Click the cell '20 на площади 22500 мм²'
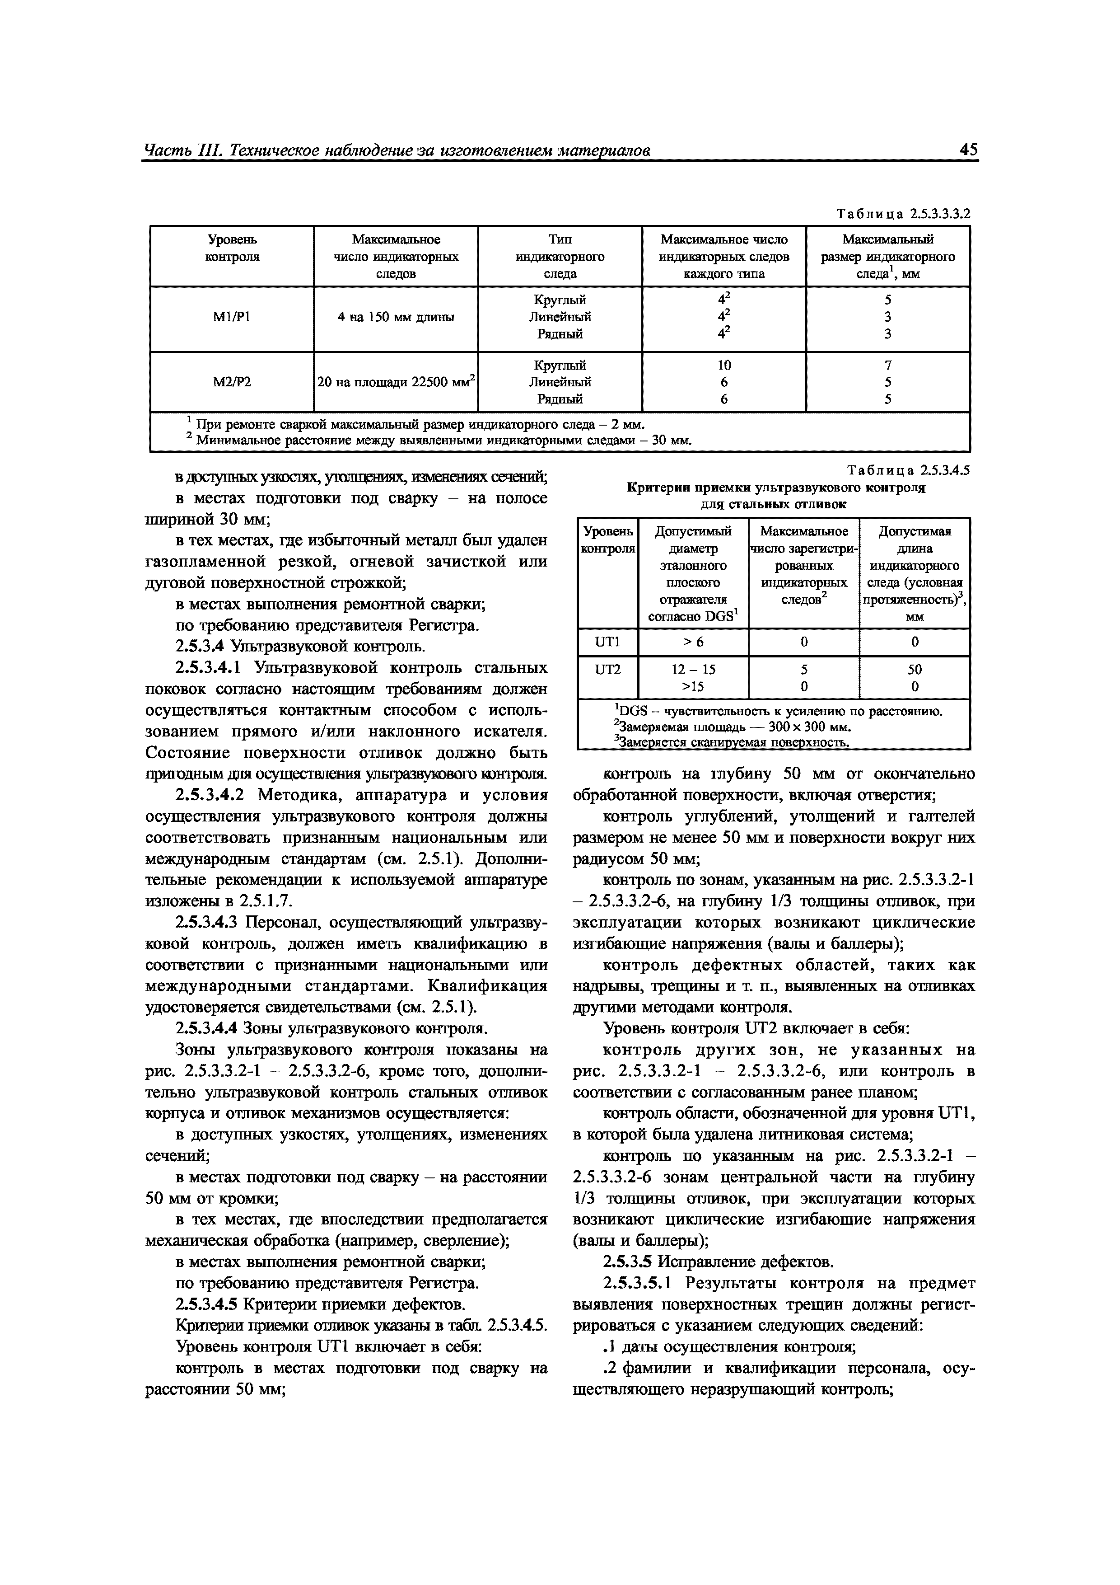click(396, 382)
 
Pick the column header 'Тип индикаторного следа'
click(560, 256)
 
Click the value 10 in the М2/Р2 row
click(724, 365)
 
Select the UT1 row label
click(607, 642)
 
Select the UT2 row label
click(607, 669)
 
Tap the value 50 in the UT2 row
click(915, 669)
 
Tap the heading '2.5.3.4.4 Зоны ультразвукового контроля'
click(331, 1029)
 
